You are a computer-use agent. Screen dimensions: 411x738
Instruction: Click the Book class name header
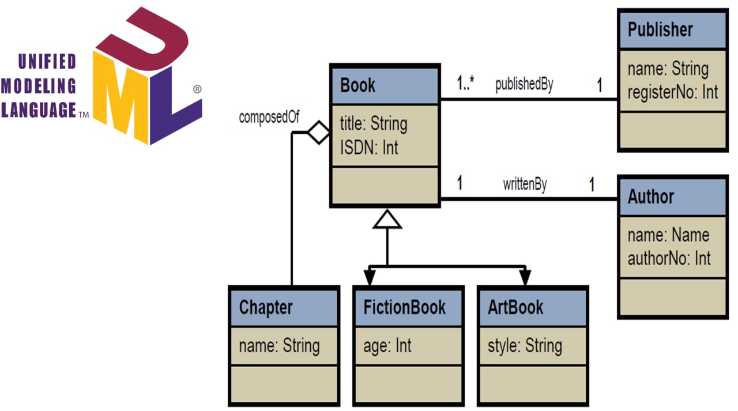pos(358,85)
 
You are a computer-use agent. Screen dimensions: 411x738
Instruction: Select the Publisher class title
pos(660,29)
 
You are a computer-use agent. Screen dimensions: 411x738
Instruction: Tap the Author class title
pos(651,197)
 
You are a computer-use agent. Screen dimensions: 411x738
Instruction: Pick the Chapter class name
pos(266,307)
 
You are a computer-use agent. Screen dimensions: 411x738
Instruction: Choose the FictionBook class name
pos(405,307)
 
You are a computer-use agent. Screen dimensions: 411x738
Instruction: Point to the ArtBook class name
pos(515,307)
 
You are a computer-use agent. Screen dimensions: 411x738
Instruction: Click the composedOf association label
pos(269,118)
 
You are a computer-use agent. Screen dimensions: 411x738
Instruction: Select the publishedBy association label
pos(524,84)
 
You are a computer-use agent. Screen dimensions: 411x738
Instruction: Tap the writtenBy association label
pos(525,184)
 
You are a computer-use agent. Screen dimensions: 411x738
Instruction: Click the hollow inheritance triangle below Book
pos(387,219)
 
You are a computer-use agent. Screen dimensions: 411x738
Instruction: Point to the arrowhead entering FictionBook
pos(370,277)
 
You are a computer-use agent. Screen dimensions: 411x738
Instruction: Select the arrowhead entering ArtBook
pos(525,277)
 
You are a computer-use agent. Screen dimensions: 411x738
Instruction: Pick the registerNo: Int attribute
pos(673,92)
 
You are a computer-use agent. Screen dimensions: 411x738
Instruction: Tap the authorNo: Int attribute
pos(669,258)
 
